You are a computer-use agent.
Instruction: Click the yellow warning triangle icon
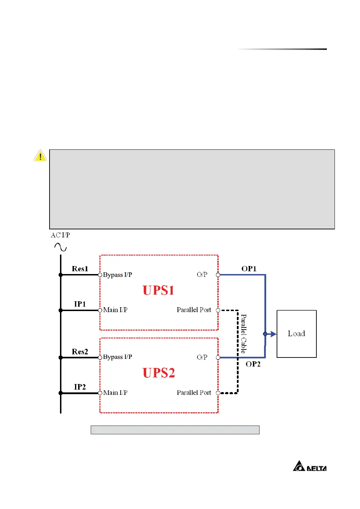pyautogui.click(x=40, y=156)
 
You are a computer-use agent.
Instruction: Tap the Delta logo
pyautogui.click(x=310, y=466)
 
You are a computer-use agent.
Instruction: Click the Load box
pyautogui.click(x=297, y=334)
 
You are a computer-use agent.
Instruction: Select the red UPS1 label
pyautogui.click(x=158, y=290)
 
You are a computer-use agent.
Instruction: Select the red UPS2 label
pyautogui.click(x=158, y=373)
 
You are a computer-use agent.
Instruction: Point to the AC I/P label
pyautogui.click(x=60, y=235)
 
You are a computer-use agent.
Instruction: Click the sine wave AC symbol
pyautogui.click(x=60, y=247)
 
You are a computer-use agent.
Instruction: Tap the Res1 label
pyautogui.click(x=80, y=269)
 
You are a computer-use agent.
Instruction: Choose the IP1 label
pyautogui.click(x=80, y=304)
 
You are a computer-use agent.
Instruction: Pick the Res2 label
pyautogui.click(x=80, y=352)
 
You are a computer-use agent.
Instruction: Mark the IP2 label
pyautogui.click(x=80, y=387)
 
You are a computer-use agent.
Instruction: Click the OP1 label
pyautogui.click(x=249, y=269)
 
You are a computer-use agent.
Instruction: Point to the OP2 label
pyautogui.click(x=253, y=364)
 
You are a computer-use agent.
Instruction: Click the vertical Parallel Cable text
pyautogui.click(x=243, y=334)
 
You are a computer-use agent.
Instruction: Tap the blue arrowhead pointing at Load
pyautogui.click(x=273, y=334)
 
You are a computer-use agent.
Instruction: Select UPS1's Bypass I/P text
pyautogui.click(x=118, y=275)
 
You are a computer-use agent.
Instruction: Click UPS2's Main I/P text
pyautogui.click(x=115, y=393)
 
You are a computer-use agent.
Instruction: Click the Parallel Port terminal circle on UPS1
pyautogui.click(x=218, y=310)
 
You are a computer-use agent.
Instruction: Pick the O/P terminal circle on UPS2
pyautogui.click(x=218, y=357)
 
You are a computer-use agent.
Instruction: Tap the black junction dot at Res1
pyautogui.click(x=61, y=275)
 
